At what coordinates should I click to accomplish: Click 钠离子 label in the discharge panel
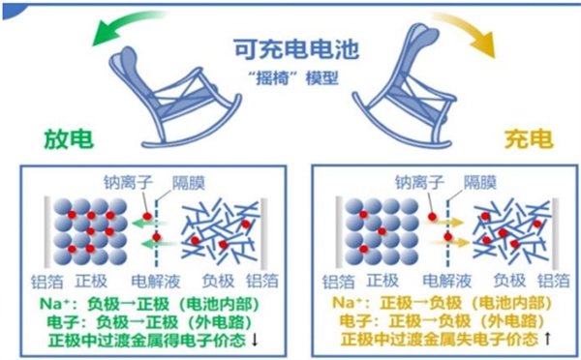pyautogui.click(x=132, y=181)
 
